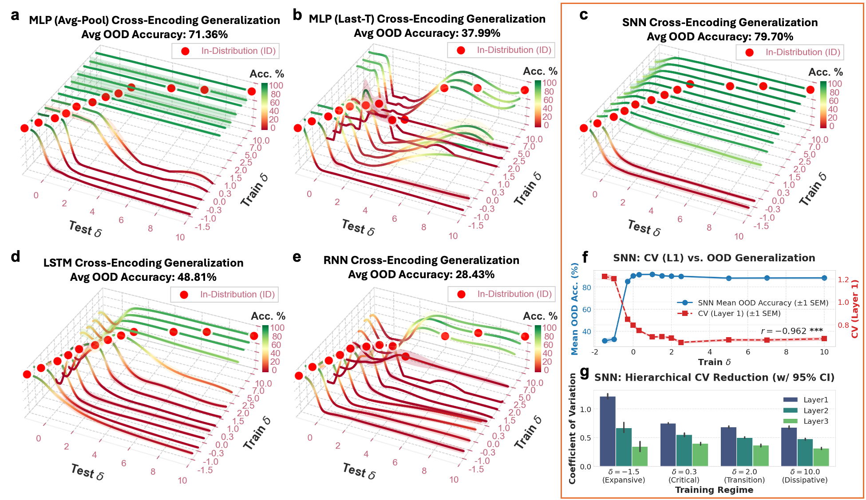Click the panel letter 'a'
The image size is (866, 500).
16,16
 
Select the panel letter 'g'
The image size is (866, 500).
585,372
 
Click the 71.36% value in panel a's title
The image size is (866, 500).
207,35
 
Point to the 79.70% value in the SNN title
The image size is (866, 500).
772,37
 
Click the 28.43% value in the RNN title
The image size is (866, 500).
475,275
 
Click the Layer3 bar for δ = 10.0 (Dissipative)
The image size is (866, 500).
821,457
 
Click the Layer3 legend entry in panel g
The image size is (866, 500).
815,421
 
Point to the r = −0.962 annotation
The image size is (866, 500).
791,331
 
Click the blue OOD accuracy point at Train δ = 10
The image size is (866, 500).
824,278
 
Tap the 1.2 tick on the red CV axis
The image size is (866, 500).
843,280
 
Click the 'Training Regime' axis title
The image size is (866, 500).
714,490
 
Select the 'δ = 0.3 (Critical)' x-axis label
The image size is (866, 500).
684,476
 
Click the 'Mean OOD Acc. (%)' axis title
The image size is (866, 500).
575,309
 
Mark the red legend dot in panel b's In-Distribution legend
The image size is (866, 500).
461,51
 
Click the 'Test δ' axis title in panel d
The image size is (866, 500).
87,472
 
